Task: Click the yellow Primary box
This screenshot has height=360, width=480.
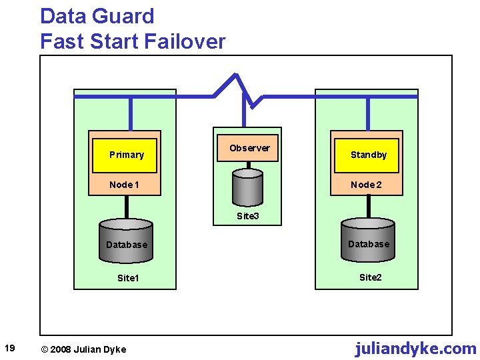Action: point(125,155)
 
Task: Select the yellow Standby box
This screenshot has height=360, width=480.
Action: point(367,155)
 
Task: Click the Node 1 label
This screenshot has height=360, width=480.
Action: point(125,185)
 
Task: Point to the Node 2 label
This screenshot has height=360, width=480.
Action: point(367,185)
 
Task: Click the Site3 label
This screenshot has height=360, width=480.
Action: point(247,216)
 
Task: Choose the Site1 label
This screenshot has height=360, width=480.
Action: point(127,278)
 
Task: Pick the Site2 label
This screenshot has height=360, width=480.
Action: point(370,277)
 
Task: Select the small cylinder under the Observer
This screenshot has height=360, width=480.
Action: point(247,186)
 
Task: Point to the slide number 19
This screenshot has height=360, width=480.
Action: point(10,347)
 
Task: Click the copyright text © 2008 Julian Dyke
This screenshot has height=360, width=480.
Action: point(83,349)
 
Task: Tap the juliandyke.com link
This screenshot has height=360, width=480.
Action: point(415,348)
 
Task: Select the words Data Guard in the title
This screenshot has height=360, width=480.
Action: point(97,16)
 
